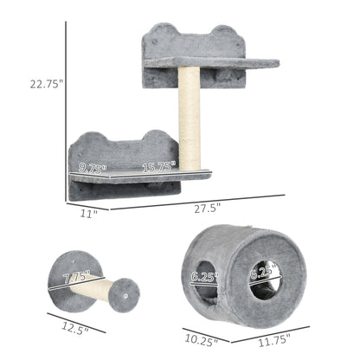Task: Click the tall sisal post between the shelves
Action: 190,117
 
